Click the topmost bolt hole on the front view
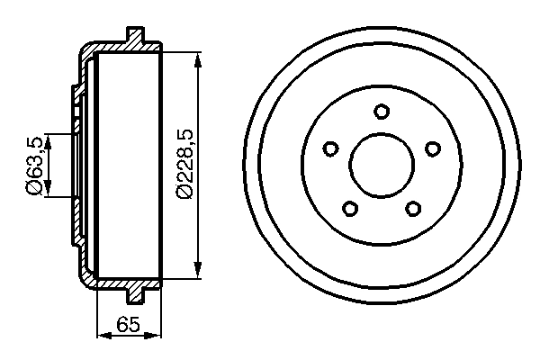[382, 111]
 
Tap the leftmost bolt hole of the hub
[330, 148]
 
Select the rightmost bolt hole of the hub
[433, 148]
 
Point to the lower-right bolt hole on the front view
[413, 208]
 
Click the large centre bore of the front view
[382, 165]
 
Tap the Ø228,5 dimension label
[184, 163]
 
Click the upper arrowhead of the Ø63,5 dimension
[48, 138]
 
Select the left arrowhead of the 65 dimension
[99, 337]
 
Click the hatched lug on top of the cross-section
[137, 39]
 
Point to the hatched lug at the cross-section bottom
[137, 292]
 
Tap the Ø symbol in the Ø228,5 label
[184, 188]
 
